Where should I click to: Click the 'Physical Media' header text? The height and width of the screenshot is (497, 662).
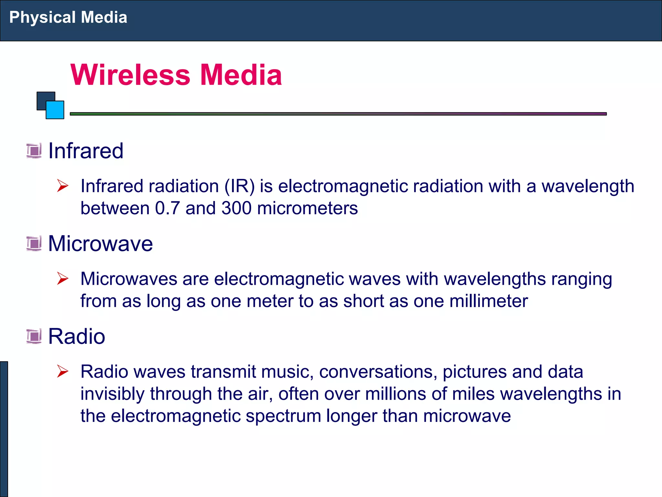[68, 17]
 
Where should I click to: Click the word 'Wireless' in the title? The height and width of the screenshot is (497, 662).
[130, 75]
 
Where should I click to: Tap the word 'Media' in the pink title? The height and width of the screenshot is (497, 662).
[241, 75]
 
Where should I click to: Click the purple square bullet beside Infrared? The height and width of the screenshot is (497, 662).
[34, 151]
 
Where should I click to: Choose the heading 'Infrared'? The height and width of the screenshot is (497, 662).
[86, 151]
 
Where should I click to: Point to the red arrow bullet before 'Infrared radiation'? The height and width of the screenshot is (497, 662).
[62, 186]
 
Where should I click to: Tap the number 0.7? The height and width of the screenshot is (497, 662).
[167, 208]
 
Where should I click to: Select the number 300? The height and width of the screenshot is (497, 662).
[236, 208]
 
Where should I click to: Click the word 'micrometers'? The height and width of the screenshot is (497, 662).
[307, 208]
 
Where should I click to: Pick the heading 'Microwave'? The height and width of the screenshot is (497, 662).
[100, 243]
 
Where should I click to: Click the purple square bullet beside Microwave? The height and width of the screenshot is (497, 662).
[34, 244]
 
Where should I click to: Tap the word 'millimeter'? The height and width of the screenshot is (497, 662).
[488, 301]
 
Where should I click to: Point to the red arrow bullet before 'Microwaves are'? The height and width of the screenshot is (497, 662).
[62, 279]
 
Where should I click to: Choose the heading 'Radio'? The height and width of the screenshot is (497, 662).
[77, 336]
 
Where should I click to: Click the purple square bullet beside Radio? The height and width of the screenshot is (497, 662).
[34, 336]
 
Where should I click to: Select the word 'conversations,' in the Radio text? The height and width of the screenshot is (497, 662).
[378, 371]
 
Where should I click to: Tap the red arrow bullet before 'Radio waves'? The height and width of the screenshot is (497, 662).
[62, 371]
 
